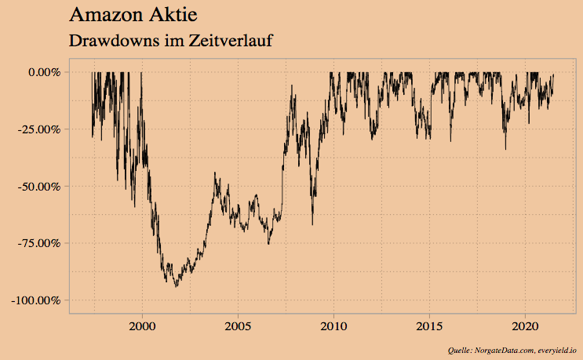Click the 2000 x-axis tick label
pyautogui.click(x=142, y=325)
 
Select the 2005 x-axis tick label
pyautogui.click(x=239, y=325)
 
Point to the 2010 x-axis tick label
pyautogui.click(x=334, y=325)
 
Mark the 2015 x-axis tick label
pyautogui.click(x=430, y=325)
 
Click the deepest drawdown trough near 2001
pyautogui.click(x=176, y=286)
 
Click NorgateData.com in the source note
pyautogui.click(x=503, y=350)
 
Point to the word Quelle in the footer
pyautogui.click(x=458, y=350)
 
